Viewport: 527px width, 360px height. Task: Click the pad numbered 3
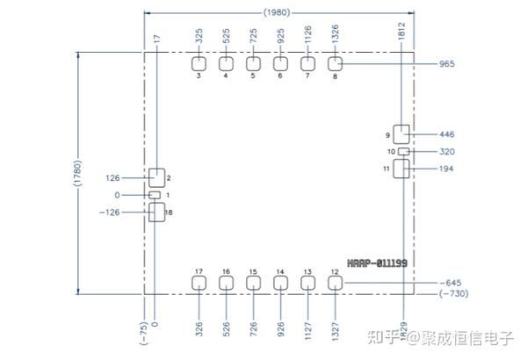coord(199,63)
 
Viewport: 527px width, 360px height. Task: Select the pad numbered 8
coord(335,63)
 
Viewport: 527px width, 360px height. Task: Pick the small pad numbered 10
coord(403,151)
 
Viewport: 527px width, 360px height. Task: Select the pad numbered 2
coord(156,177)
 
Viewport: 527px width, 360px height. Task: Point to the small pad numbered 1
coord(155,194)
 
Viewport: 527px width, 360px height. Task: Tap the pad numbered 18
coord(156,212)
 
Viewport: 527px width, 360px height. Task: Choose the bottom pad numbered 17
coord(199,282)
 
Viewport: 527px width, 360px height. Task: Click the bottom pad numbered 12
coord(335,282)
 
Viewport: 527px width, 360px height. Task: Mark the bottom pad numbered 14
coord(280,282)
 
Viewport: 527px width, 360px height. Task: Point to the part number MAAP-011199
coord(376,263)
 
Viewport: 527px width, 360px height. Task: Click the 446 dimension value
coord(446,134)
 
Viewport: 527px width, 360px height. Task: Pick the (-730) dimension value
coord(453,293)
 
